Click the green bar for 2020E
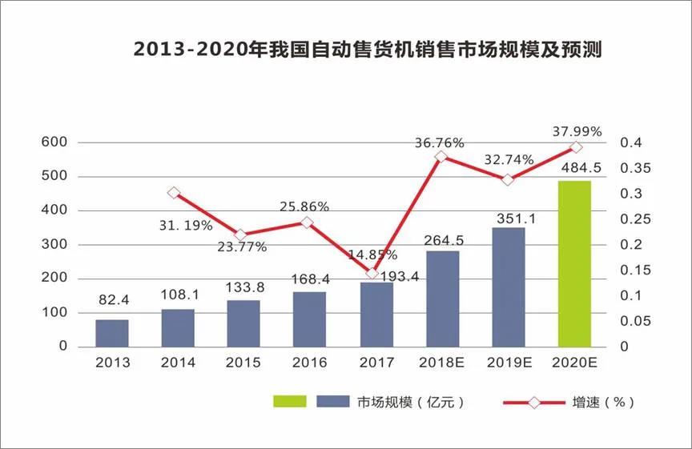574,263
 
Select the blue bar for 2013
112,333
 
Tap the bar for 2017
376,314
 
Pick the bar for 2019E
509,287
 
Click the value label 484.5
574,168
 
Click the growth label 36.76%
439,142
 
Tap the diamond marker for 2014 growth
174,193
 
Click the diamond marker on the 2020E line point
575,147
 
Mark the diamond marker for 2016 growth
306,222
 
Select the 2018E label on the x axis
441,363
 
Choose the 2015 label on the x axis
243,363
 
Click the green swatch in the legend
290,401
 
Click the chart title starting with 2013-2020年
367,50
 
